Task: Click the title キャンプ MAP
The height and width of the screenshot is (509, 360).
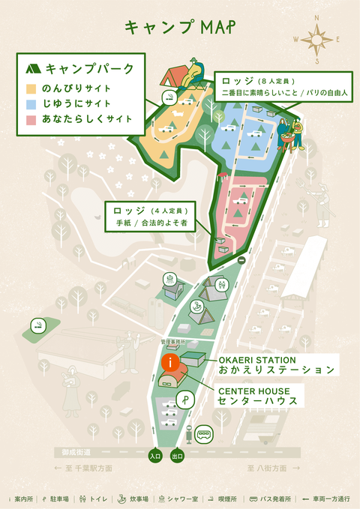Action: [179, 28]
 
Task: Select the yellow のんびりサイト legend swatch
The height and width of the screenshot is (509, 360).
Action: [31, 88]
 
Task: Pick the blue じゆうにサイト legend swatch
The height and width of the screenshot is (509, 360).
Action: [31, 103]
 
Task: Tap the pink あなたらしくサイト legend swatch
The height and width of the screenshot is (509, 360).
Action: [31, 118]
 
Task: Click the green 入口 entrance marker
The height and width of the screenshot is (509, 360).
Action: [155, 455]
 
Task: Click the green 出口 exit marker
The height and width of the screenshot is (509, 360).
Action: [178, 455]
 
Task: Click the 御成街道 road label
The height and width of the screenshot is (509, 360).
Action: [76, 453]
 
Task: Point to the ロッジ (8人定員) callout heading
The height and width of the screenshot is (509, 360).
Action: [259, 80]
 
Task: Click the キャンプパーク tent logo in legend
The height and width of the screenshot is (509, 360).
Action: [33, 69]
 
